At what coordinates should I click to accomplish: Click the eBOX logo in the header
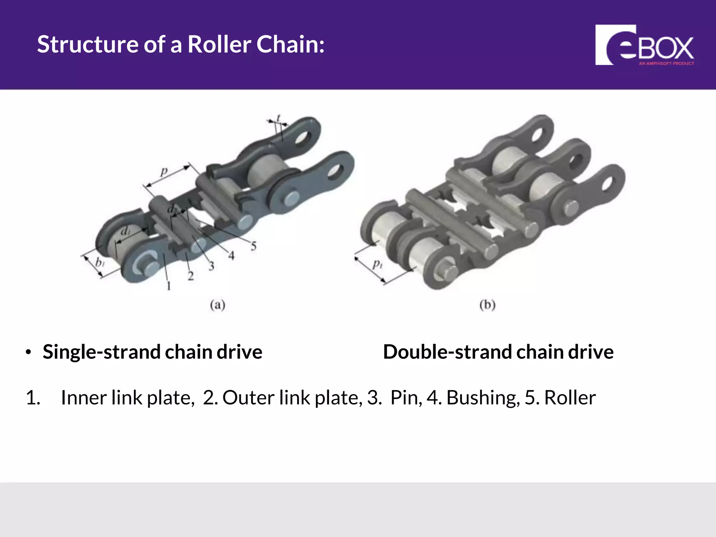pos(644,45)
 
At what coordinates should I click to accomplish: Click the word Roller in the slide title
pos(219,45)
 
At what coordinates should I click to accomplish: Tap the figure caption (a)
pos(217,305)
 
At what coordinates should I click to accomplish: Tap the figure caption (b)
pos(487,305)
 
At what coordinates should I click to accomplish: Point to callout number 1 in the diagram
pos(169,286)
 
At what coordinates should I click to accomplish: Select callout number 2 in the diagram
pos(191,276)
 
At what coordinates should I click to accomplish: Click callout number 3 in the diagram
pos(211,266)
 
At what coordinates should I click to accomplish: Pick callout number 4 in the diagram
pos(231,256)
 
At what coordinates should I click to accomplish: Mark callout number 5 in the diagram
pos(253,246)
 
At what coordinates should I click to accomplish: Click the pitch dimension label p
pos(164,172)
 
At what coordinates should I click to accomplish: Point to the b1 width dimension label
pos(100,262)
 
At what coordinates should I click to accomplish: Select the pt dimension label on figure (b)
pos(377,264)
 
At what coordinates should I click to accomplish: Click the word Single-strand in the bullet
pos(101,352)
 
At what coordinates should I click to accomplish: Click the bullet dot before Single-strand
pos(28,352)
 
